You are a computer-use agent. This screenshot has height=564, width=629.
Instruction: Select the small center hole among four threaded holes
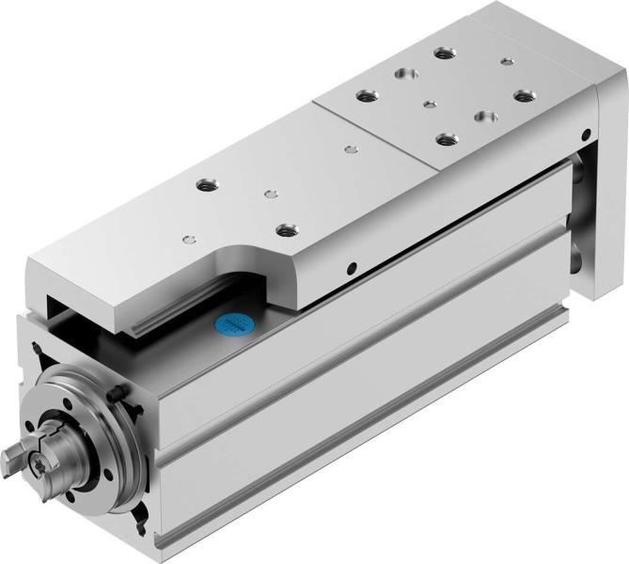click(x=429, y=103)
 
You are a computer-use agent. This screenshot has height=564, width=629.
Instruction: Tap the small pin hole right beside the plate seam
click(x=351, y=148)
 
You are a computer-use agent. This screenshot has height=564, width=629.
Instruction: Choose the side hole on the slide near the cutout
click(x=353, y=267)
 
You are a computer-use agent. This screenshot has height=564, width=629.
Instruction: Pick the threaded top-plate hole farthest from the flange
click(x=441, y=52)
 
